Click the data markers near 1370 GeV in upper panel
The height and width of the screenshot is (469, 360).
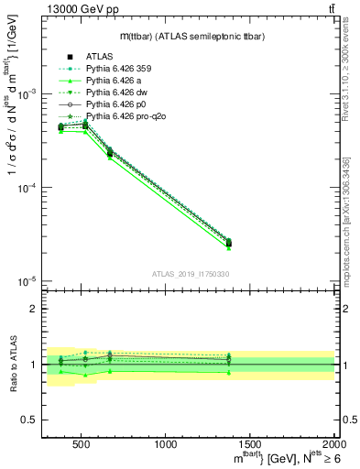pos(228,243)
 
